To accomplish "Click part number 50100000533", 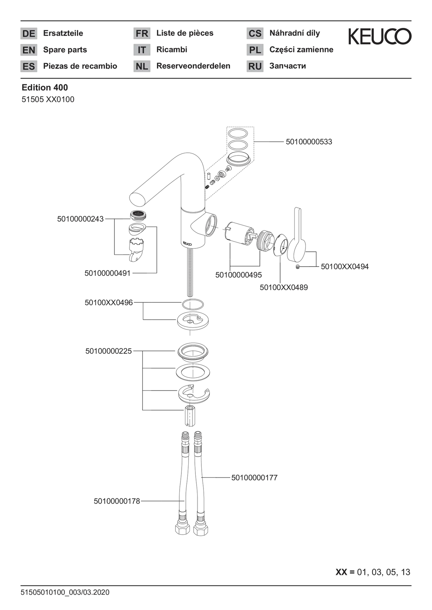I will pos(309,142).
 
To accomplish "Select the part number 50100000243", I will pos(80,219).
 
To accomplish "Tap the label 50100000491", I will pos(108,273).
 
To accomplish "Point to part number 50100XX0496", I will pos(109,303).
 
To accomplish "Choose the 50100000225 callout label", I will pos(109,351).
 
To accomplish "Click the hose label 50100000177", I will pos(254,478).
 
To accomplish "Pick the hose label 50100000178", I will pos(117,501).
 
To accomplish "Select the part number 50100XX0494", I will pos(345,266).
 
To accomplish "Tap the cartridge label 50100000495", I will pos(238,275).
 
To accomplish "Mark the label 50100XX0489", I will pos(284,288).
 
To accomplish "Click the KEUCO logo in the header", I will pos(380,37).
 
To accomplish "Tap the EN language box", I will pos(29,50).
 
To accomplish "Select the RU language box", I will pos(255,66).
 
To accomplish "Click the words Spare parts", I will pos(65,50).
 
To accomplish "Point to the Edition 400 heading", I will pos(45,88).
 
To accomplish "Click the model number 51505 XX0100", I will pos(48,99).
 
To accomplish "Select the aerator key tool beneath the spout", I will pos(136,250).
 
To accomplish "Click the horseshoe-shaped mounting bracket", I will pos(194,393).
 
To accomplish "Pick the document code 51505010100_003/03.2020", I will pos(65,592).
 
